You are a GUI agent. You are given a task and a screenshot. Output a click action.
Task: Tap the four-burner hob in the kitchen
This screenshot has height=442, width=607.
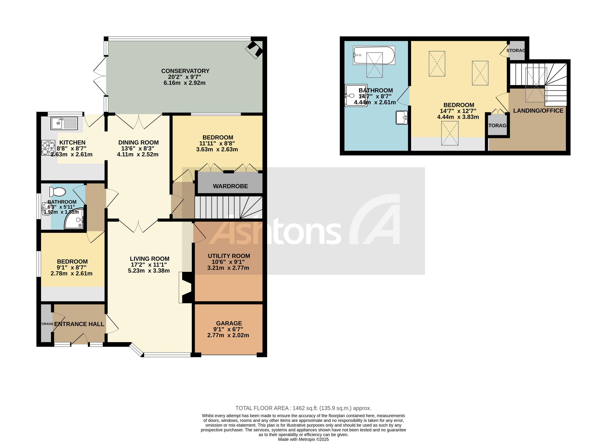48,148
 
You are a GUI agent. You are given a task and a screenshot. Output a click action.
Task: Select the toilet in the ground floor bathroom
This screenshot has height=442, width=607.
57,192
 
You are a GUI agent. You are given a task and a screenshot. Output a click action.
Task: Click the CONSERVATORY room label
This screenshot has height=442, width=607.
185,71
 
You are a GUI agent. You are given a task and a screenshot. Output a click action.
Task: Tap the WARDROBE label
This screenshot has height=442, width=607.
230,186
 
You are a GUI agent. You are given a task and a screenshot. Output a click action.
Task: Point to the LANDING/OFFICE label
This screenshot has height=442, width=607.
538,111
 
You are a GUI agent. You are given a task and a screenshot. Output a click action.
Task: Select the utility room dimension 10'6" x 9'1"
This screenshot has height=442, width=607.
228,262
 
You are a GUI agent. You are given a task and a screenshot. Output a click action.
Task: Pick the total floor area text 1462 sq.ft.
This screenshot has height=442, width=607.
303,408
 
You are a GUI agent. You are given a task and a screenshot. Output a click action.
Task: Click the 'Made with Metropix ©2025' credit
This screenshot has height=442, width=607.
303,439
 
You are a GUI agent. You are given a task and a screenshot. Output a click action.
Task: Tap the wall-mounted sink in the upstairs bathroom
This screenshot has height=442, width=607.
401,118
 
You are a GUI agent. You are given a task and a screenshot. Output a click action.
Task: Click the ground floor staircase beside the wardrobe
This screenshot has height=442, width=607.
227,207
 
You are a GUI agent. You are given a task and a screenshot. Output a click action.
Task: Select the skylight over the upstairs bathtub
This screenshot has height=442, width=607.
374,65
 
